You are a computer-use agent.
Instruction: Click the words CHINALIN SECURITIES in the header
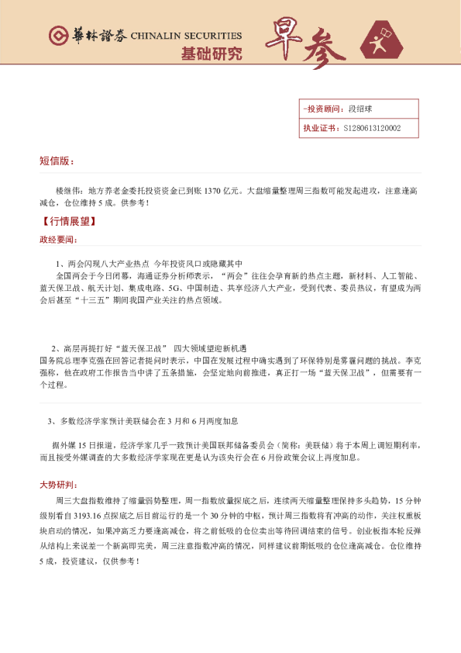point(186,36)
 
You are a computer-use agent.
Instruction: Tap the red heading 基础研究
point(211,54)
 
